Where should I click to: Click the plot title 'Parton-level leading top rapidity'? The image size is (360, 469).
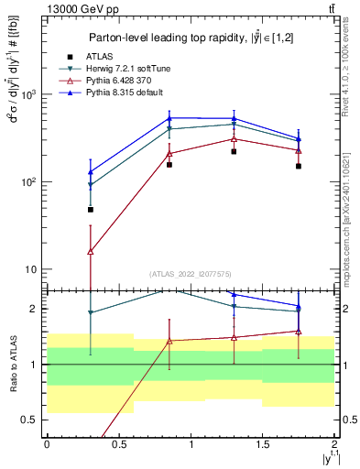coord(188,38)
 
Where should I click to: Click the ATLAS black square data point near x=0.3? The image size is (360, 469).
coord(90,210)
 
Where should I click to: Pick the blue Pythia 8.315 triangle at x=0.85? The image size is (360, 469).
coord(169,118)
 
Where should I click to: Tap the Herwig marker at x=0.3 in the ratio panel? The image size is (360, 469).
coord(90,313)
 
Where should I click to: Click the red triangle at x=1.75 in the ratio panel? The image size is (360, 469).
coord(299,331)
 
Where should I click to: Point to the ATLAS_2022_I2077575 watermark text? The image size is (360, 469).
coord(191,274)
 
